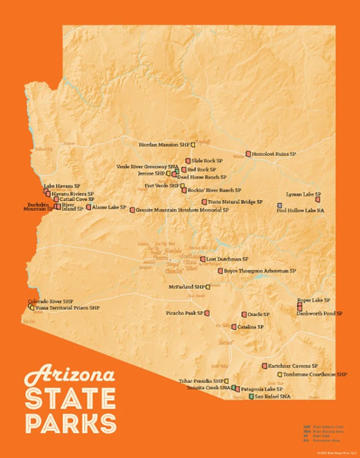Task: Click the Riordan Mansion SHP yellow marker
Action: point(193,145)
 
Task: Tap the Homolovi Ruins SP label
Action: point(274,154)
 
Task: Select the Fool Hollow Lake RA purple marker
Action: point(280,205)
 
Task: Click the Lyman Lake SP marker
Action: point(318,199)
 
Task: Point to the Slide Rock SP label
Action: point(207,161)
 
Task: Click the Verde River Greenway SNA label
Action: point(147,166)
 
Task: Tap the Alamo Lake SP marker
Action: point(88,207)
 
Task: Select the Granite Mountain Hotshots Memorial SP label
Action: point(182,210)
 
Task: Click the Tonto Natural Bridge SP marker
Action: point(204,202)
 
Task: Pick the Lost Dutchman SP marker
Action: point(203,259)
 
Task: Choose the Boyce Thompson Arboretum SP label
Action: point(260,271)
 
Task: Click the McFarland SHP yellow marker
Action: point(208,287)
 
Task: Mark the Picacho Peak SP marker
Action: point(207,313)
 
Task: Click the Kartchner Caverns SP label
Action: point(293,366)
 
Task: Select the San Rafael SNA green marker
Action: point(252,396)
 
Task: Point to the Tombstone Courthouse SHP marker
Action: point(280,374)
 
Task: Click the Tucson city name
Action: point(226,343)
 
